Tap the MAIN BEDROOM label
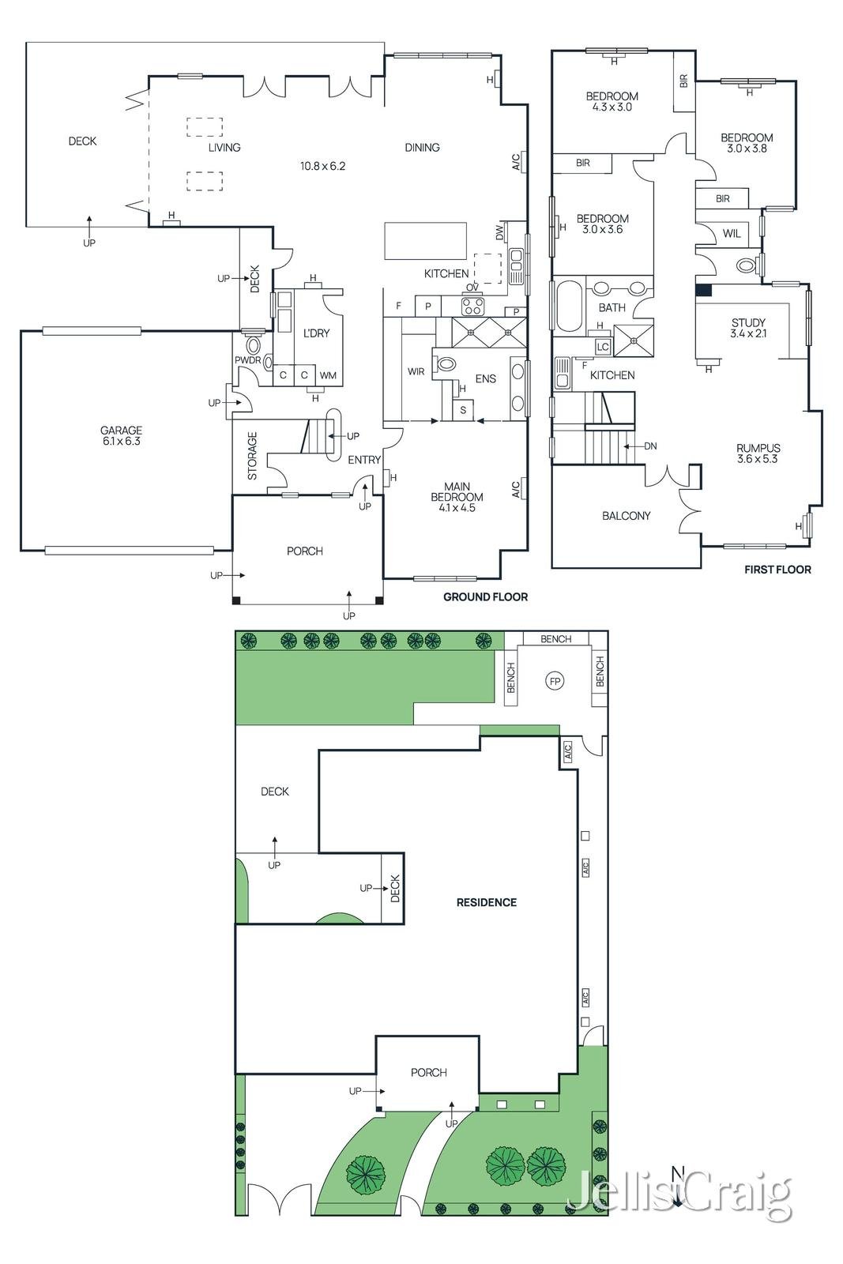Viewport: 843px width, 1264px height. coord(457,497)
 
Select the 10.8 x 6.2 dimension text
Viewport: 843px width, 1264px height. coord(322,166)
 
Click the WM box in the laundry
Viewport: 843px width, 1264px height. coord(328,375)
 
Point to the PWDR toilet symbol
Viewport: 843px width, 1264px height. coord(254,345)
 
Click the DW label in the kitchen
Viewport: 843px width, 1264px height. coord(499,233)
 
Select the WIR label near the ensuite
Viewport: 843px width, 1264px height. coord(416,371)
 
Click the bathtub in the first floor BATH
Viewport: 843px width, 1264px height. coord(568,307)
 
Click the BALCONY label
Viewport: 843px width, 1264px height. coord(626,516)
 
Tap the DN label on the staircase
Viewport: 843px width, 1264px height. coord(650,446)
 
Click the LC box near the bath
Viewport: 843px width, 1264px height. coord(603,347)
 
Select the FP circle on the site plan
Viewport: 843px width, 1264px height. coord(555,681)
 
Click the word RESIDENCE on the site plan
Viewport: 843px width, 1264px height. coord(486,902)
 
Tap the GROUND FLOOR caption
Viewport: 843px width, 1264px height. coord(485,596)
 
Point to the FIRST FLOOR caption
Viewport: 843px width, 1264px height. coord(777,569)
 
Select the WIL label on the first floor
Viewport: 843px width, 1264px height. coord(732,233)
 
